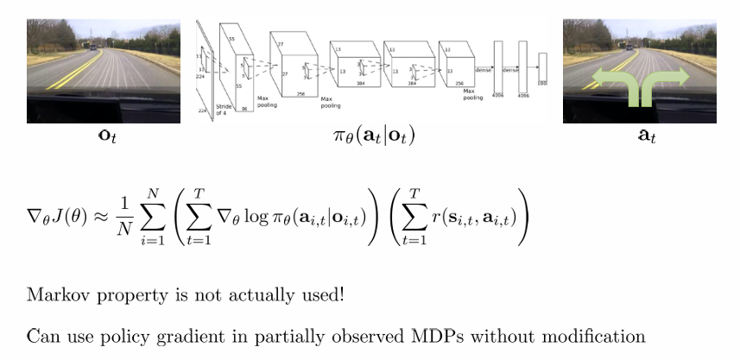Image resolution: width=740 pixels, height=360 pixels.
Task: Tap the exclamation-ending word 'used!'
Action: point(322,294)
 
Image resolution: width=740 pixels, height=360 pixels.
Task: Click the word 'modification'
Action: point(597,336)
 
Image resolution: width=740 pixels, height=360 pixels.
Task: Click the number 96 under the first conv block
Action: point(244,109)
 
